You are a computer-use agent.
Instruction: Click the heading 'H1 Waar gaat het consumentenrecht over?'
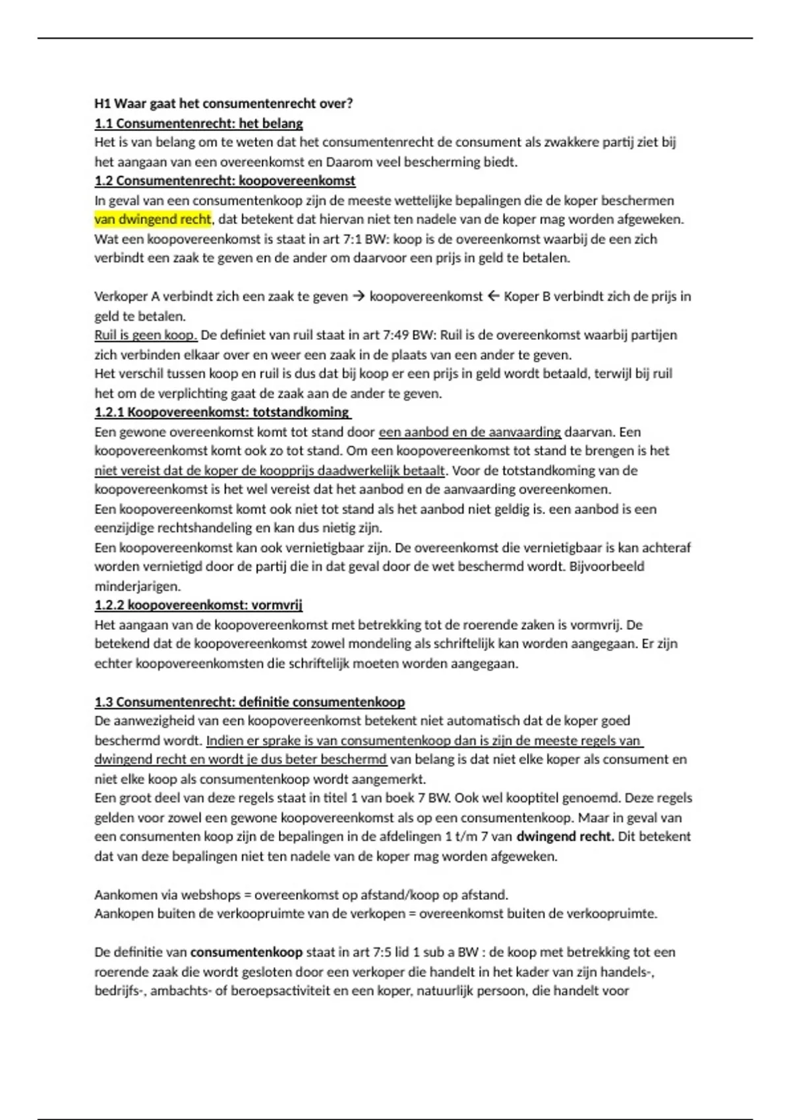click(x=223, y=103)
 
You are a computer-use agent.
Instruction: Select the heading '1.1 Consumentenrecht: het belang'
click(x=198, y=123)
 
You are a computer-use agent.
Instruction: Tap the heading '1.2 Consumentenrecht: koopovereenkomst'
click(x=225, y=181)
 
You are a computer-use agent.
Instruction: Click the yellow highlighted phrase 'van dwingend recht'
click(x=153, y=219)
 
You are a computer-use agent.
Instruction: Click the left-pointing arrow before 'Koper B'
click(x=494, y=296)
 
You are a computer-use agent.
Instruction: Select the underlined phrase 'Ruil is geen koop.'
click(x=146, y=335)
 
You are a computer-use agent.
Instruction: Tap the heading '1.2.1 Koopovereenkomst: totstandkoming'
click(x=222, y=412)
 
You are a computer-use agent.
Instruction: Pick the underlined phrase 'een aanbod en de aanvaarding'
click(x=469, y=432)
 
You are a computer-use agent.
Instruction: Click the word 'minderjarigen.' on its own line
click(x=137, y=586)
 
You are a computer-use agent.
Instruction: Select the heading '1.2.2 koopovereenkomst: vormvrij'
click(x=198, y=605)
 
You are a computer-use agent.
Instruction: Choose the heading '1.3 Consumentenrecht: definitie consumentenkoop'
click(x=249, y=702)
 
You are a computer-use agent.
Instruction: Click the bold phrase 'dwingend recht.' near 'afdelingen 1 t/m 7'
click(x=566, y=837)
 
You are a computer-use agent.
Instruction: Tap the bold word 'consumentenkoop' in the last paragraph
click(x=247, y=952)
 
